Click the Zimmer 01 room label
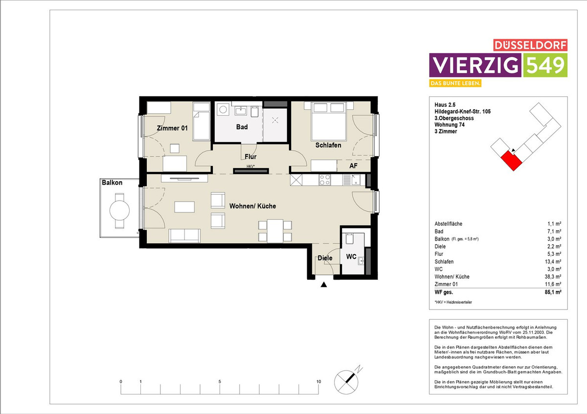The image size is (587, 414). pos(172,128)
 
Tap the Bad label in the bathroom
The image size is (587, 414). pos(242,127)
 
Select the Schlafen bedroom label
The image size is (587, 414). pos(328,145)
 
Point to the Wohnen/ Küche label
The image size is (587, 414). pos(252,206)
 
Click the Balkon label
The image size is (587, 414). pos(112,183)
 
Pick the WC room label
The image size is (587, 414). pos(351,257)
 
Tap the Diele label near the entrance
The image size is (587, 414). pos(325,258)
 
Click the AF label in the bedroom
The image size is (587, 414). pos(353,166)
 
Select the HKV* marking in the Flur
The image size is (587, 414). pos(250,166)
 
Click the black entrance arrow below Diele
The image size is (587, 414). pos(324,285)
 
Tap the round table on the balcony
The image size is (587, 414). pos(119,210)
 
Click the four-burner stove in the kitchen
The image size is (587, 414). pos(325,180)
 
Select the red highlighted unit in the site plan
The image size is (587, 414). pos(512,161)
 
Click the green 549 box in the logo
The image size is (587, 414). pos(545,65)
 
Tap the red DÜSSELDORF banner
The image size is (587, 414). pos(530,45)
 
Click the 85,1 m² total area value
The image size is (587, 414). pos(553,292)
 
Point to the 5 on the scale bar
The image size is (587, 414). pos(220,382)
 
